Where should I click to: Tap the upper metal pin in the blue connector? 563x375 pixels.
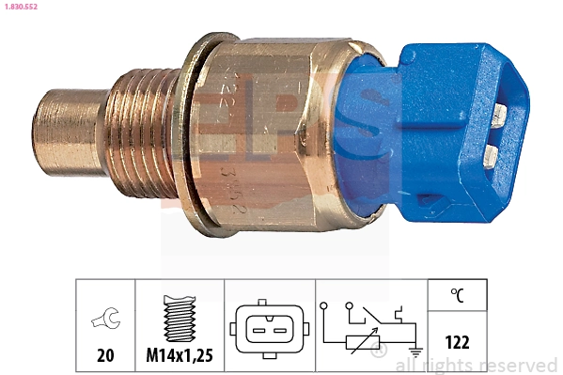pos(499,114)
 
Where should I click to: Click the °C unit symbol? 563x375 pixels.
pos(457,295)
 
